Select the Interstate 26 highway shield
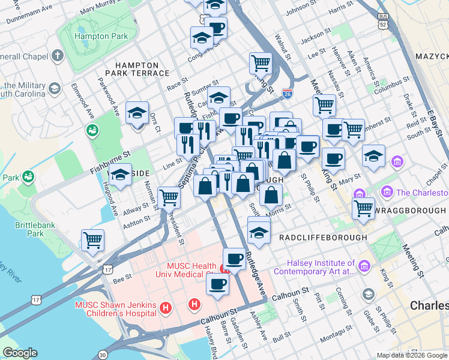point(288,94)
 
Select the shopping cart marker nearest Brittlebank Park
point(93,240)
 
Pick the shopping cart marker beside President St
point(169,197)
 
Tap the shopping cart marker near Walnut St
point(261,62)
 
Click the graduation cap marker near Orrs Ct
point(137,113)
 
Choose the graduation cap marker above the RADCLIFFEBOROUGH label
point(259,232)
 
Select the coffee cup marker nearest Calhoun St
point(217,284)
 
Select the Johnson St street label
point(300,11)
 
